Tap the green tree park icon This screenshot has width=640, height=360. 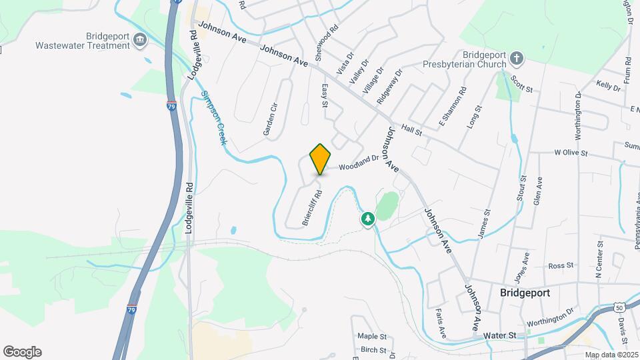pyautogui.click(x=367, y=219)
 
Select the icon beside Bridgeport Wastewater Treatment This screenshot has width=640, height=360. pyautogui.click(x=140, y=41)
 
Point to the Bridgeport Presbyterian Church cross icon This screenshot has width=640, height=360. pyautogui.click(x=517, y=59)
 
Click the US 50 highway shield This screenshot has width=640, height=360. pyautogui.click(x=620, y=307)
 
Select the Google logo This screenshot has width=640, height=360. pyautogui.click(x=22, y=352)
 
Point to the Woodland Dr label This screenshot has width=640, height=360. pyautogui.click(x=359, y=162)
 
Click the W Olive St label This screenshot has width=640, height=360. pyautogui.click(x=571, y=153)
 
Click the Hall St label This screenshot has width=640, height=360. pyautogui.click(x=413, y=130)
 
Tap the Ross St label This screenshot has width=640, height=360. pyautogui.click(x=561, y=265)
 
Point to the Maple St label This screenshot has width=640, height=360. pyautogui.click(x=371, y=337)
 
